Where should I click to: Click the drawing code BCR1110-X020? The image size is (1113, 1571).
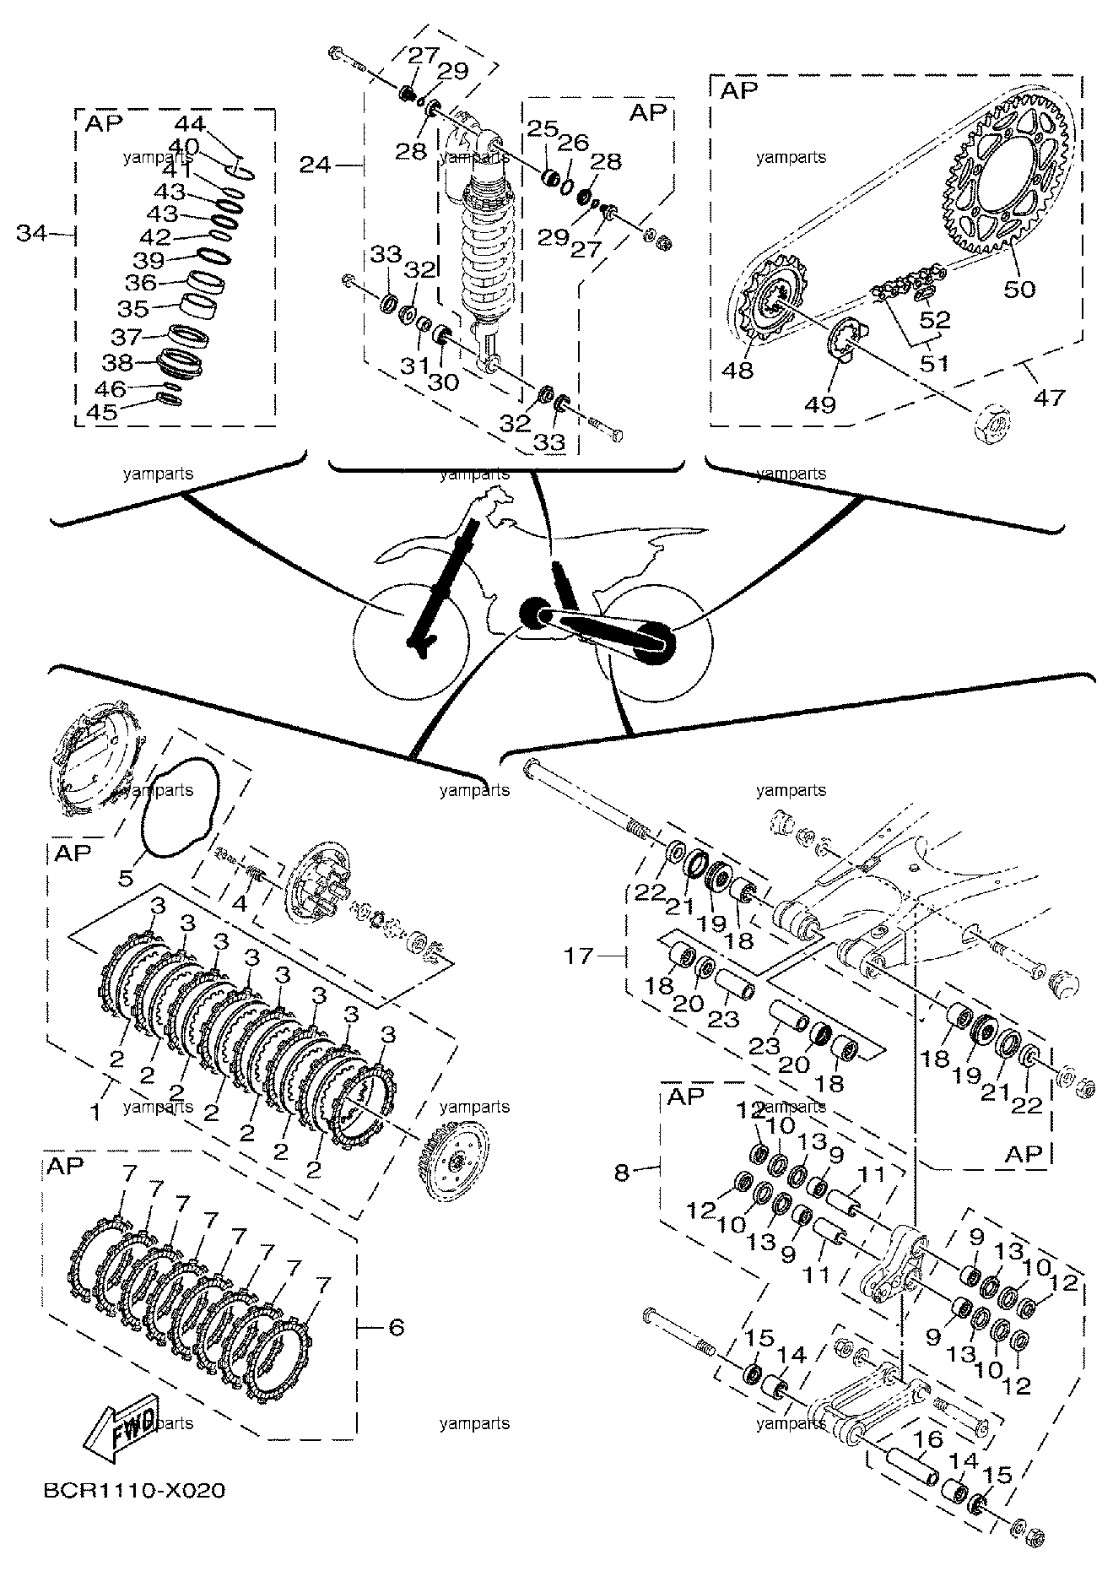(x=135, y=1491)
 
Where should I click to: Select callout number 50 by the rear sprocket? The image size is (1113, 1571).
(x=1019, y=289)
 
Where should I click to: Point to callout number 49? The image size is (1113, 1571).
(x=819, y=404)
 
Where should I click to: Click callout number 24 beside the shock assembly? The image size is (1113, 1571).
(x=316, y=165)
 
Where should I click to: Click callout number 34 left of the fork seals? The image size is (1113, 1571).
(x=33, y=233)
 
